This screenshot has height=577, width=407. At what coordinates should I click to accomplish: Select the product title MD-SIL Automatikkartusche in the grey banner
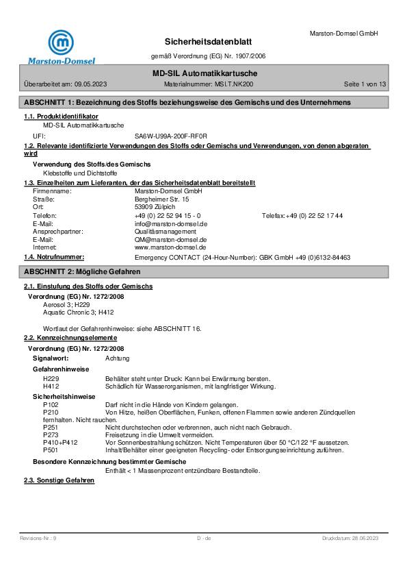click(204, 73)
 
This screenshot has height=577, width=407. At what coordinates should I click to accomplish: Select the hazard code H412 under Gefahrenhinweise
click(50, 386)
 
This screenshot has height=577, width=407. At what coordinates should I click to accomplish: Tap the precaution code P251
click(50, 426)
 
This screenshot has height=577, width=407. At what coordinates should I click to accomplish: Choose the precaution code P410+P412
click(60, 442)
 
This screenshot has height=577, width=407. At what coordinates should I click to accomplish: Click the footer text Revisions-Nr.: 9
click(38, 539)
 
